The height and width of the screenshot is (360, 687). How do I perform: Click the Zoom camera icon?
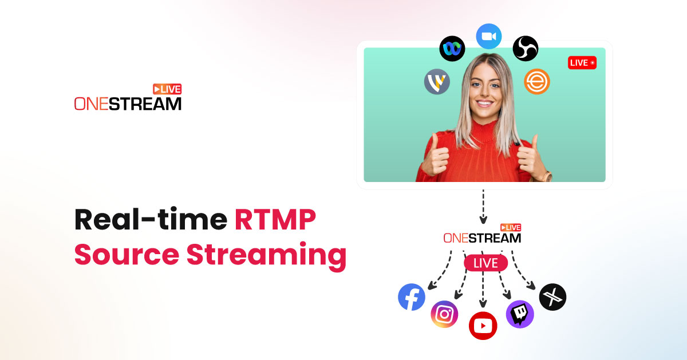pos(488,36)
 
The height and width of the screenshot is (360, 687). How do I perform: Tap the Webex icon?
pos(452,49)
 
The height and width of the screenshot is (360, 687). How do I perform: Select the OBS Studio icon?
pos(526,49)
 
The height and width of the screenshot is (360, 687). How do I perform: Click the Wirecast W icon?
pos(437,82)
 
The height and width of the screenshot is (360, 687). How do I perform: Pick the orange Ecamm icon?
pos(537,81)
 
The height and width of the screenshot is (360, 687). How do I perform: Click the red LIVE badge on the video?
pos(582,63)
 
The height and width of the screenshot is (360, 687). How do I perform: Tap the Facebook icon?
pos(412,297)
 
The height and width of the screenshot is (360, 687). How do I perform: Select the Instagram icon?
pos(444,314)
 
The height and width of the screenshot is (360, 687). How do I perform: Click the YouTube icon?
pos(483,326)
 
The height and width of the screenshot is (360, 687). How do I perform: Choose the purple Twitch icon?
pos(520,314)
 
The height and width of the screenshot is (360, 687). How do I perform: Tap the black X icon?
pos(552,297)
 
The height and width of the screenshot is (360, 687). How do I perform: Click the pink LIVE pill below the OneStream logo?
pos(486,263)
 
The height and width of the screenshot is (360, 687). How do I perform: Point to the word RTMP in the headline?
pos(275,219)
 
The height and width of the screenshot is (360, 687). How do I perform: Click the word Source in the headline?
pos(127,255)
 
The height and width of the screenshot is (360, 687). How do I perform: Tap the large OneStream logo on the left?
pos(128,97)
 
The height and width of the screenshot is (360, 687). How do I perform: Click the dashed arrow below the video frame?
pos(483,207)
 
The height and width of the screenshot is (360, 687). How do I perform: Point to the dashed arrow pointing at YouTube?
pos(483,289)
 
